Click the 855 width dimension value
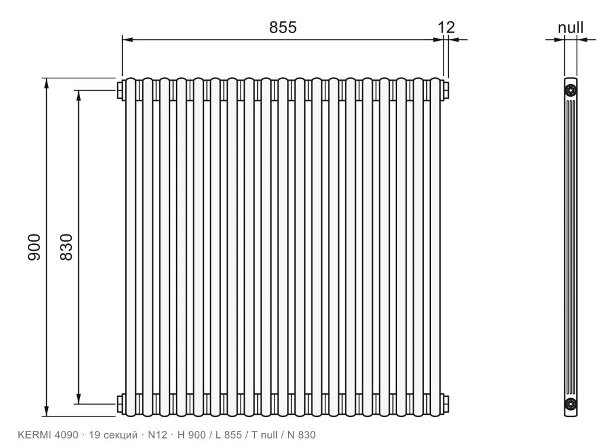point(283,27)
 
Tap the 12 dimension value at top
point(446,27)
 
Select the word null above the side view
point(571,28)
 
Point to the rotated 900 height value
point(34,247)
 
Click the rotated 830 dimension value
point(66,247)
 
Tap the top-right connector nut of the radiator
point(445,90)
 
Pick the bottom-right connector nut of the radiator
point(445,404)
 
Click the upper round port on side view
point(571,91)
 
